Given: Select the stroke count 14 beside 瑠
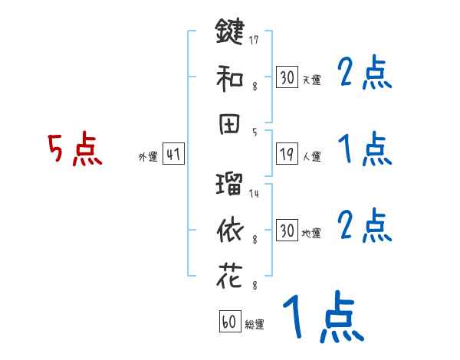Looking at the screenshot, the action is point(254,193).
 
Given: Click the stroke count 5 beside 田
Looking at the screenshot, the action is point(254,132).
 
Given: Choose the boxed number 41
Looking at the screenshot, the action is point(173,154).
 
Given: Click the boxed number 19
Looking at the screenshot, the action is point(287,154).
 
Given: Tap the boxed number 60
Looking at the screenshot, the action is point(230,322).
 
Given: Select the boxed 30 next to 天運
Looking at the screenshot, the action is point(287,77).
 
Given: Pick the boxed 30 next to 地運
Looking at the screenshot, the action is point(287,231).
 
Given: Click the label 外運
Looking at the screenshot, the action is point(147,157).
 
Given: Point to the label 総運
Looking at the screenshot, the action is point(255,325).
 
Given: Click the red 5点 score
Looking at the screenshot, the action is point(74,149).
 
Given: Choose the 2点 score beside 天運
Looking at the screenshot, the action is point(364,74).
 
